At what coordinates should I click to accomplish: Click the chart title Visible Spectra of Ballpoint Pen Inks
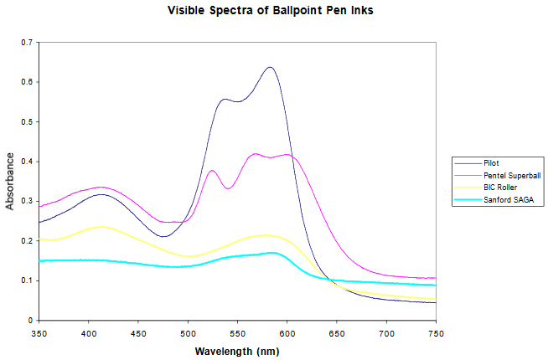273,11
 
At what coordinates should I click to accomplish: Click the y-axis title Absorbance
10,181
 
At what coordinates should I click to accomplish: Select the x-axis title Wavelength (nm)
236,351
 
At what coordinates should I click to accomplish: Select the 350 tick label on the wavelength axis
39,333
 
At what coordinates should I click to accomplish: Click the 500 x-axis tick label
188,333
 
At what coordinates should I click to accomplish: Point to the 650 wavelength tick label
337,333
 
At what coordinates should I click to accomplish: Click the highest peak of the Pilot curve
270,67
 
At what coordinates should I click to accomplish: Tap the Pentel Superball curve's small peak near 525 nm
212,170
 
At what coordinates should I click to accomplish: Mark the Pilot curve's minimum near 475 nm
163,237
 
